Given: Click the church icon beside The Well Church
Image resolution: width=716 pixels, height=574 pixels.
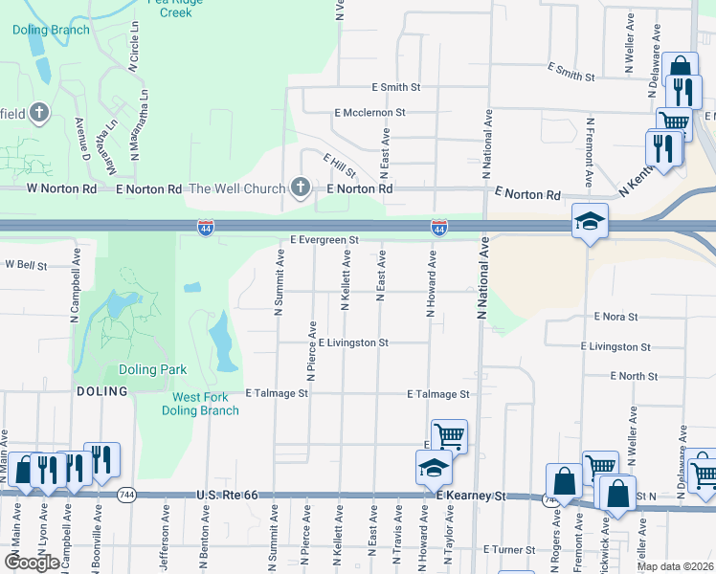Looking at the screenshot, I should pos(301,188).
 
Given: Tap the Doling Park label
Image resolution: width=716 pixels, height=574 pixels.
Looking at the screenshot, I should pos(152,369).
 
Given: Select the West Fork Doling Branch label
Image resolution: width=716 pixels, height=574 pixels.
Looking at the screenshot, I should pos(206,404).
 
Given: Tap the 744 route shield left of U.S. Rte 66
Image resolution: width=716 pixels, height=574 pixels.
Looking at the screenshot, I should pos(127,496).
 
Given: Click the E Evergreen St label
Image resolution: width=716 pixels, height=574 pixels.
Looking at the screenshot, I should pos(324,240).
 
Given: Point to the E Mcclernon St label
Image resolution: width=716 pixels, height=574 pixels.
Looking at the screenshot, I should pos(369,113).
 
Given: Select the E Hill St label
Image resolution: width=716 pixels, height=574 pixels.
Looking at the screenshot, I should pos(339,166).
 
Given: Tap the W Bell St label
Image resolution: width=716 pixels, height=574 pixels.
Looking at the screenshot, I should pos(26,264).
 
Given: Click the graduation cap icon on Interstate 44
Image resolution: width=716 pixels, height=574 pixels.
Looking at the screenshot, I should pos(589,221).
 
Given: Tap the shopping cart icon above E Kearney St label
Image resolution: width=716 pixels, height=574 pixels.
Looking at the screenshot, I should pos(448,435).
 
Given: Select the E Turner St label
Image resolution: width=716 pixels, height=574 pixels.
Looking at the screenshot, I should pos(509,550).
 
